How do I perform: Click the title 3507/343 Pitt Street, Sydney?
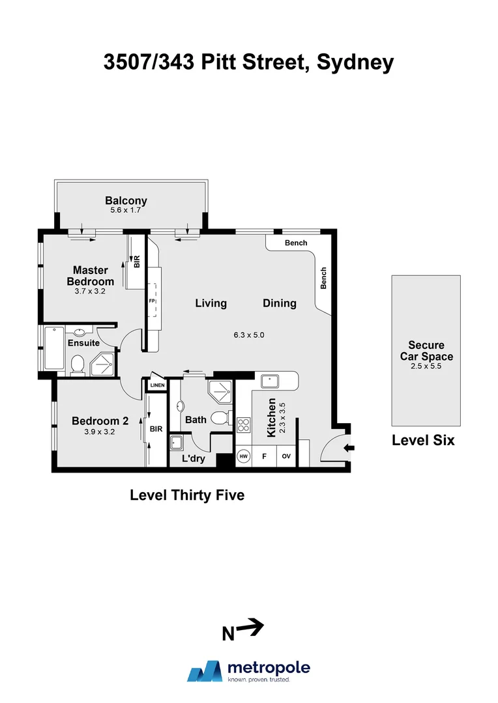tap(249, 62)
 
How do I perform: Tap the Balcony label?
tap(126, 201)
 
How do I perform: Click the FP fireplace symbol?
tap(152, 302)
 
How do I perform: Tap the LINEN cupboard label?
tap(158, 385)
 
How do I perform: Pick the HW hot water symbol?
tap(244, 456)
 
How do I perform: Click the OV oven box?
tap(286, 456)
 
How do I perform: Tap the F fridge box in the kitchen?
tap(265, 456)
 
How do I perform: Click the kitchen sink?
tap(268, 379)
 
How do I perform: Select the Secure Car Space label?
tap(426, 351)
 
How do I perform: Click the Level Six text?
tap(422, 440)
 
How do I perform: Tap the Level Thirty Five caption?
tap(187, 495)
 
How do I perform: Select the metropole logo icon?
tap(205, 670)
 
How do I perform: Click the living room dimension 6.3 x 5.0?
tap(248, 335)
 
